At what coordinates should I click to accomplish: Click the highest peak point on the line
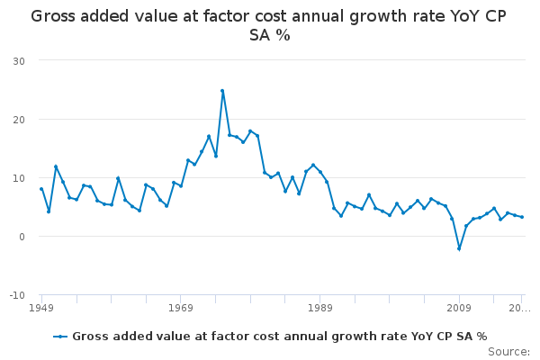(x=222, y=91)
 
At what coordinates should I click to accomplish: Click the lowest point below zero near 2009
(x=459, y=248)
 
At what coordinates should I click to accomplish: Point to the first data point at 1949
(x=41, y=189)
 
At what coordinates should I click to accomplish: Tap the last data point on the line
(x=522, y=217)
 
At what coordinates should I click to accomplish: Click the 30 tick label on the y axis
(x=19, y=61)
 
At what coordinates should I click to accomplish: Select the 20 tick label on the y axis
(x=19, y=120)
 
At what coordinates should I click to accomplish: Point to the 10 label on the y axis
(x=19, y=178)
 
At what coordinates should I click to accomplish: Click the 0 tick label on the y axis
(x=22, y=237)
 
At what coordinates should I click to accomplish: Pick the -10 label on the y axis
(x=17, y=295)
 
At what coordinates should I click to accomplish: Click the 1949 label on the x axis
(x=41, y=308)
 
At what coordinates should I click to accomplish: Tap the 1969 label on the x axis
(x=181, y=308)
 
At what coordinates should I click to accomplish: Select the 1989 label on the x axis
(x=319, y=308)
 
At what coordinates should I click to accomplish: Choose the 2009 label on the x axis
(x=459, y=308)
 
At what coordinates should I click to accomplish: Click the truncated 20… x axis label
(x=519, y=308)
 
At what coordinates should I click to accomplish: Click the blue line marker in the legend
(x=60, y=337)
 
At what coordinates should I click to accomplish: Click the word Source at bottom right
(x=508, y=352)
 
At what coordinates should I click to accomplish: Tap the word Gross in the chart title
(x=53, y=16)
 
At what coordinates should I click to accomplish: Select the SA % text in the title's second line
(x=270, y=35)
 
